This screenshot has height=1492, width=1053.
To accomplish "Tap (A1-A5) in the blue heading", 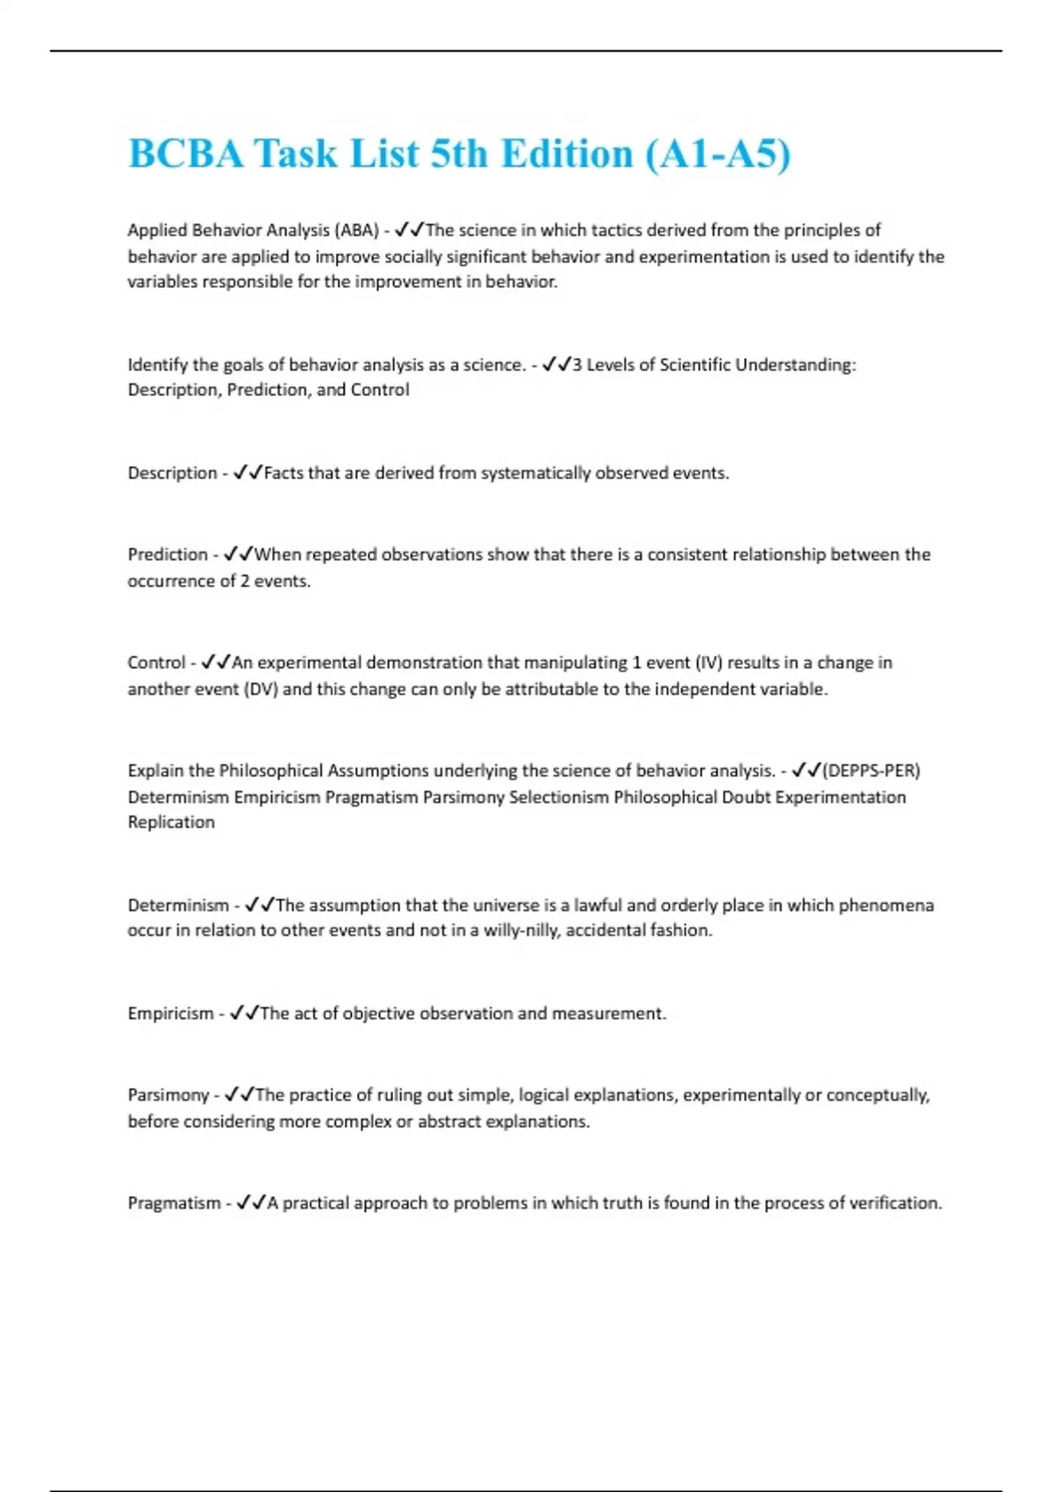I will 718,154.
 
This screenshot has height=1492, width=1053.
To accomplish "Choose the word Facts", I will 283,473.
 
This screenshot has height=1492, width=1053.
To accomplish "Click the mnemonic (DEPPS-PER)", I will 871,771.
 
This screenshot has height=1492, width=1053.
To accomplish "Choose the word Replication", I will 171,822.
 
